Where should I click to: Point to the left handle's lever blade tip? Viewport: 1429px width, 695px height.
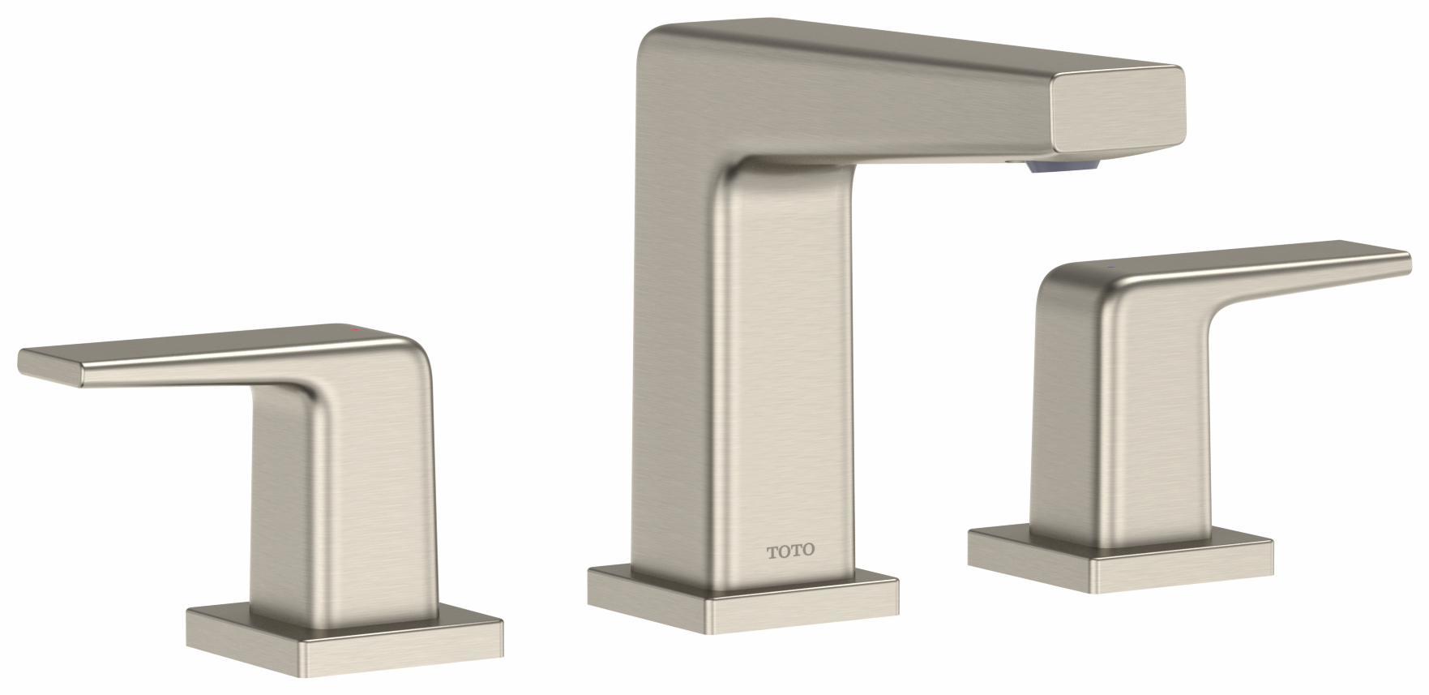pos(49,367)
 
